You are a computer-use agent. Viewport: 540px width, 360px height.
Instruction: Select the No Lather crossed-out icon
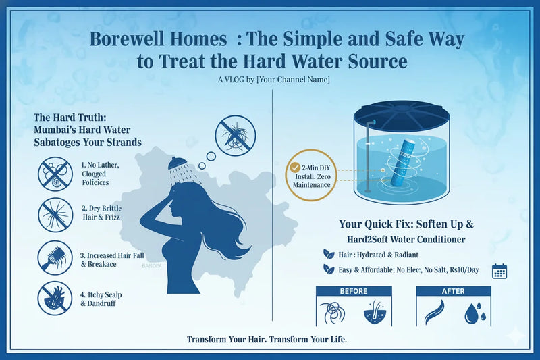(55, 172)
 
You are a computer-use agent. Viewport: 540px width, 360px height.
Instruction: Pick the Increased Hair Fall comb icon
(55, 259)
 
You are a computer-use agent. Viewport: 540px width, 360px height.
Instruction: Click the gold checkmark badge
(294, 168)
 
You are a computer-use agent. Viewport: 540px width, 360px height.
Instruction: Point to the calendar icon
(500, 272)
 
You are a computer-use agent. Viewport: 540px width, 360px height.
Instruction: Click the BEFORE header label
(354, 291)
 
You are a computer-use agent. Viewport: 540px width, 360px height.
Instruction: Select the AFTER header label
(454, 291)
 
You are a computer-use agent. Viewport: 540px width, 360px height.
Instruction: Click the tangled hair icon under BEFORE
(335, 313)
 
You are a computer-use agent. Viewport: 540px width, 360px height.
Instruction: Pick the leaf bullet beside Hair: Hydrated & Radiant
(329, 255)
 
